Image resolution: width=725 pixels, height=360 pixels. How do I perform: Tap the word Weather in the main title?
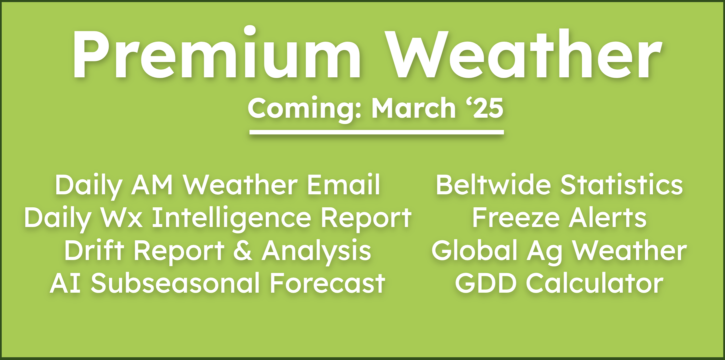523,53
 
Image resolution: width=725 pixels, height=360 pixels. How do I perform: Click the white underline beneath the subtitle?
377,132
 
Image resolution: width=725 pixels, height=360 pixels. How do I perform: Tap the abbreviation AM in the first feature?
152,185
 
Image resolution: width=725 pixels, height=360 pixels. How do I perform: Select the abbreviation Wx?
122,218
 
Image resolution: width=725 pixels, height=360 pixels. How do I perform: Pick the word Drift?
94,250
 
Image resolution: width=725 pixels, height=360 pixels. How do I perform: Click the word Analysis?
316,252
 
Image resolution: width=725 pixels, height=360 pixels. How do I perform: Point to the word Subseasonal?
175,283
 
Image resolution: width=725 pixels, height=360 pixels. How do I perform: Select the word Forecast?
327,283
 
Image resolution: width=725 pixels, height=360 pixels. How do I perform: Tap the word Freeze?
516,217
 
